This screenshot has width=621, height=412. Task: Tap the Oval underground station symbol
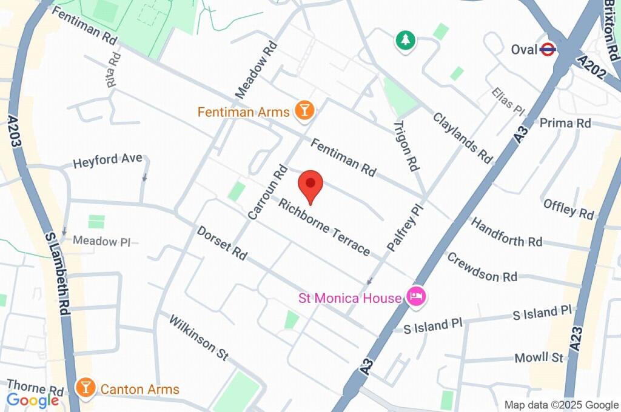548,49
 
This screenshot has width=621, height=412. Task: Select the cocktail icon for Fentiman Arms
303,110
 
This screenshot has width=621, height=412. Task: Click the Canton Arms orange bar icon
86,388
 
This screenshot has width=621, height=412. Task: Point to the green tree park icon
404,41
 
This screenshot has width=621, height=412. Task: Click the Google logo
33,400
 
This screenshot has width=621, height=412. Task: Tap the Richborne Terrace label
324,226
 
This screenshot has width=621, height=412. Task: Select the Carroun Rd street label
267,191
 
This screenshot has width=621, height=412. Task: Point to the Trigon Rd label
406,145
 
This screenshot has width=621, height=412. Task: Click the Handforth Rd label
506,232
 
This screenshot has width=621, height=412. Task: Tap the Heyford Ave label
107,161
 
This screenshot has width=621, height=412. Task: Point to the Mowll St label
539,357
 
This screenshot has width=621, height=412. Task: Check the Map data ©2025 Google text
561,405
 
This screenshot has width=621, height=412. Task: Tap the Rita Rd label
112,70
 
